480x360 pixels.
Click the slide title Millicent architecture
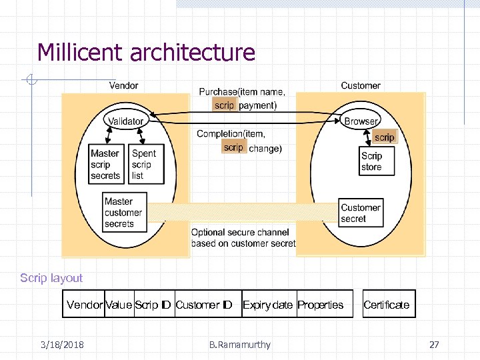pos(146,52)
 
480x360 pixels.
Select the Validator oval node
pos(126,121)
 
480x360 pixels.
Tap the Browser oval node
pos(361,121)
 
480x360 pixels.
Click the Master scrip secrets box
pos(106,165)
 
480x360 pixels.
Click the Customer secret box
pos(361,213)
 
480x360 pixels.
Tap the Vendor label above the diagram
pos(123,85)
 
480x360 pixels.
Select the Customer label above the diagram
pos(361,85)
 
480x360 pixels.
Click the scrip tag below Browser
pos(384,137)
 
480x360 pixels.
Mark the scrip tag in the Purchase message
pos(224,105)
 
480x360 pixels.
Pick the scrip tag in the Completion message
pos(234,147)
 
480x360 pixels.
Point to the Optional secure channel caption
pos(243,238)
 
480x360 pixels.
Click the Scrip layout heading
pos(51,278)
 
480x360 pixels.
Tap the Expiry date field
pos(267,305)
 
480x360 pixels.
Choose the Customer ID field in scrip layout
pos(203,305)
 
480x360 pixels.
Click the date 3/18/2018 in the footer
pos(62,345)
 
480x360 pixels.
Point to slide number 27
pos(434,345)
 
